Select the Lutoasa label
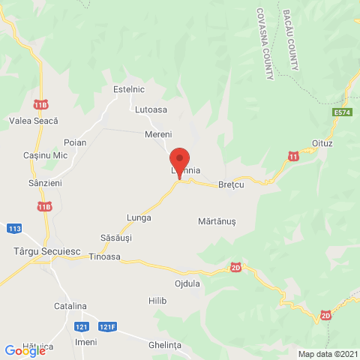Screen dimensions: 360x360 pyautogui.click(x=151, y=109)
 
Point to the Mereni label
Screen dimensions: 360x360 pyautogui.click(x=158, y=134)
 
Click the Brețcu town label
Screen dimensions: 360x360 pyautogui.click(x=232, y=184)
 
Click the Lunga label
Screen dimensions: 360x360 pyautogui.click(x=139, y=217)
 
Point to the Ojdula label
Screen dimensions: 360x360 pyautogui.click(x=187, y=283)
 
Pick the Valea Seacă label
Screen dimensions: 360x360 pyautogui.click(x=33, y=120)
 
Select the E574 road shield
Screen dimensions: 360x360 pyautogui.click(x=343, y=112)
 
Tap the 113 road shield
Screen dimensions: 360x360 pyautogui.click(x=14, y=228)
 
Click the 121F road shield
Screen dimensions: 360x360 pyautogui.click(x=109, y=327)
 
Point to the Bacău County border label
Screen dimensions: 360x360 pyautogui.click(x=291, y=40)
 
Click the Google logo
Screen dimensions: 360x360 pyautogui.click(x=24, y=350)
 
